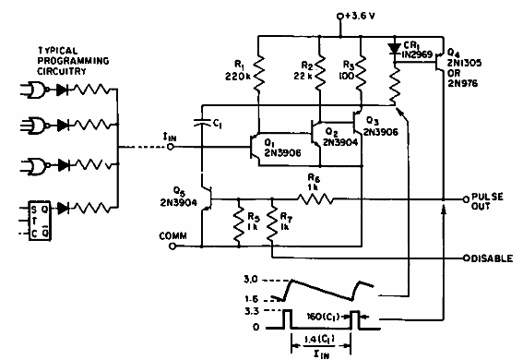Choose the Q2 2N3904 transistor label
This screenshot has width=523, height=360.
point(326,136)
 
